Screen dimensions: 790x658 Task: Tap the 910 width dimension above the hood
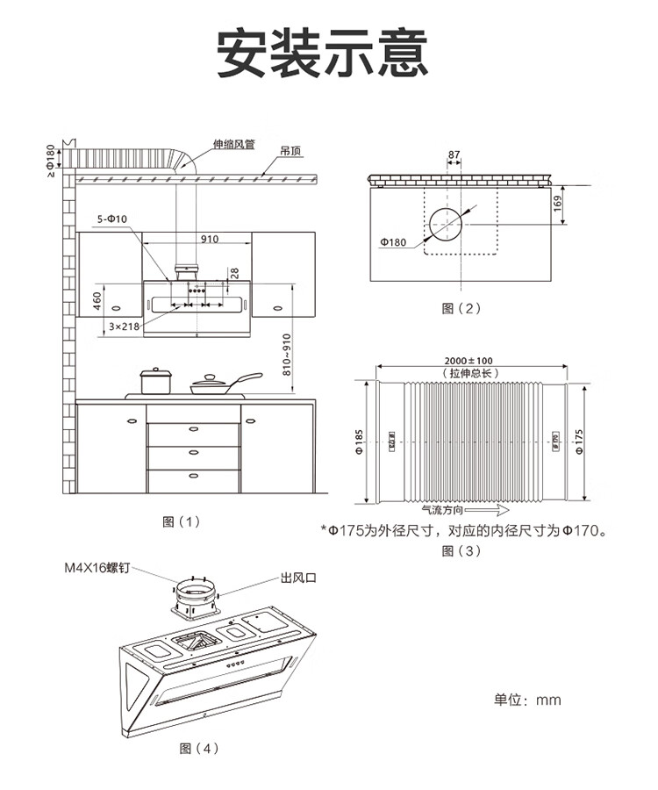(x=210, y=239)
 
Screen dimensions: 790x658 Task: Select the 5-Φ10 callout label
(x=112, y=218)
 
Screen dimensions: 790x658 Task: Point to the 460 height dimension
(x=97, y=301)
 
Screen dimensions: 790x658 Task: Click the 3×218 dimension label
(x=125, y=326)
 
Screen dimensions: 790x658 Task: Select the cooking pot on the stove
(x=156, y=382)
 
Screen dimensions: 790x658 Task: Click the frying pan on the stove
(x=215, y=384)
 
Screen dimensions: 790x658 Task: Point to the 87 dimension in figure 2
(x=454, y=155)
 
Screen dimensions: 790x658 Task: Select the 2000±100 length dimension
(x=469, y=361)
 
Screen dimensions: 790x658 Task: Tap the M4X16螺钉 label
(x=97, y=568)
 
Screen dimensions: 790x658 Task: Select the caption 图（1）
(x=182, y=521)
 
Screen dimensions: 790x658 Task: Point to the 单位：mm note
(x=527, y=700)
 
